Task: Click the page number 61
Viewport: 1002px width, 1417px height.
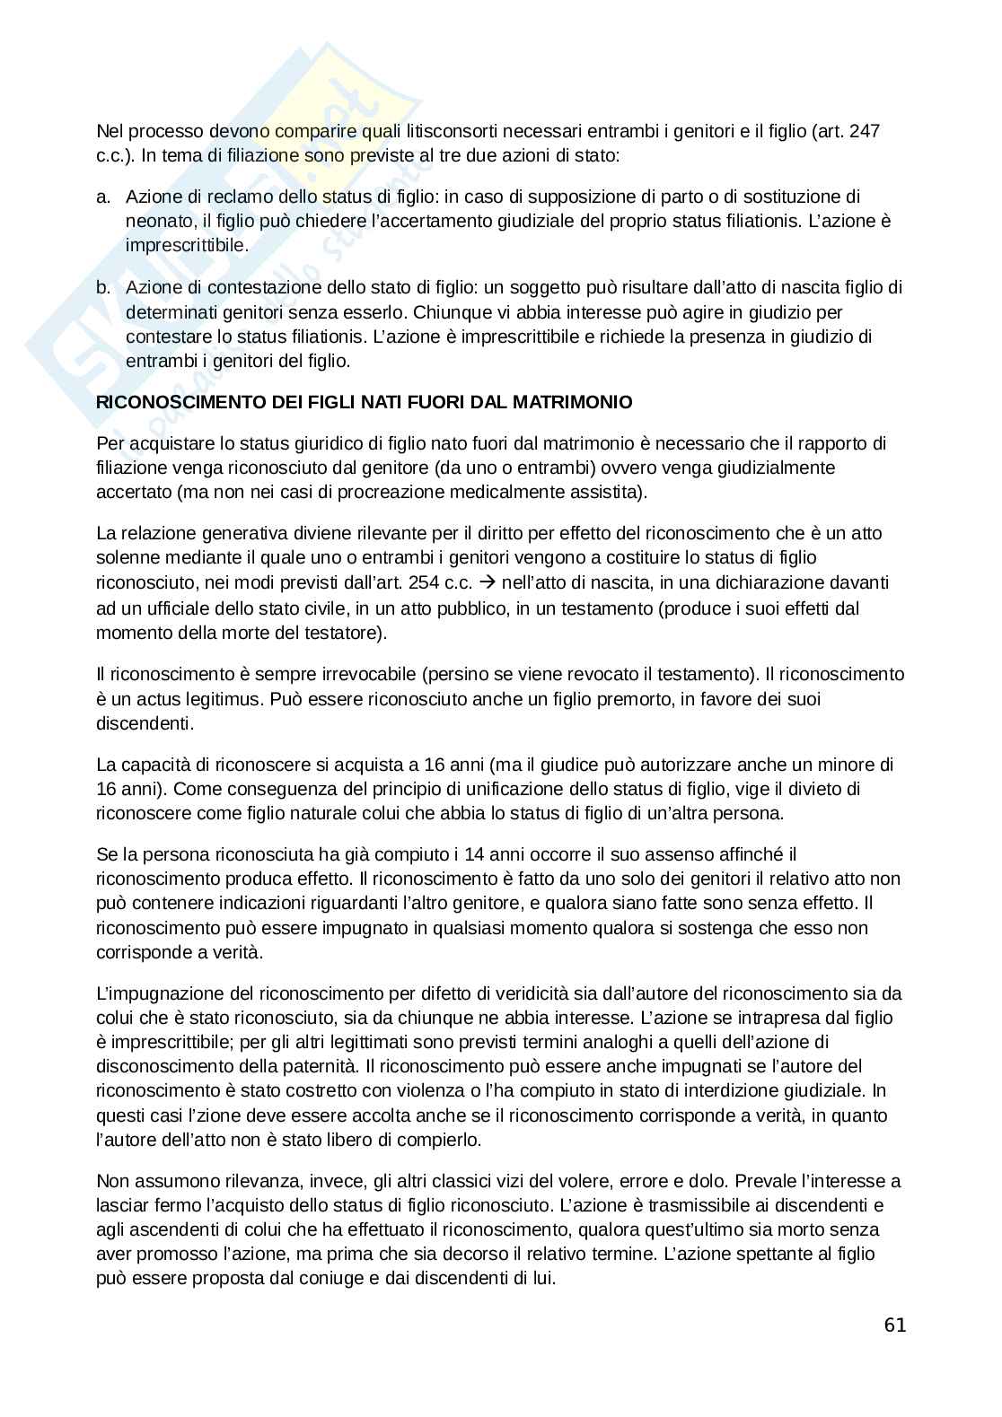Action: pyautogui.click(x=894, y=1325)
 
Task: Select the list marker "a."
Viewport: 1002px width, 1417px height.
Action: pyautogui.click(x=103, y=197)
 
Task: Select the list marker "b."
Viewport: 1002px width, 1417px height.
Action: pyautogui.click(x=103, y=288)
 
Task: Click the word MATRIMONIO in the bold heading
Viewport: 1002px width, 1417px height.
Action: pyautogui.click(x=584, y=402)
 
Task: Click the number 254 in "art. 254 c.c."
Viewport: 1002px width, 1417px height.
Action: pyautogui.click(x=425, y=582)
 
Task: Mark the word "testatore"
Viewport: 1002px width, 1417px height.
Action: pyautogui.click(x=345, y=633)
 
